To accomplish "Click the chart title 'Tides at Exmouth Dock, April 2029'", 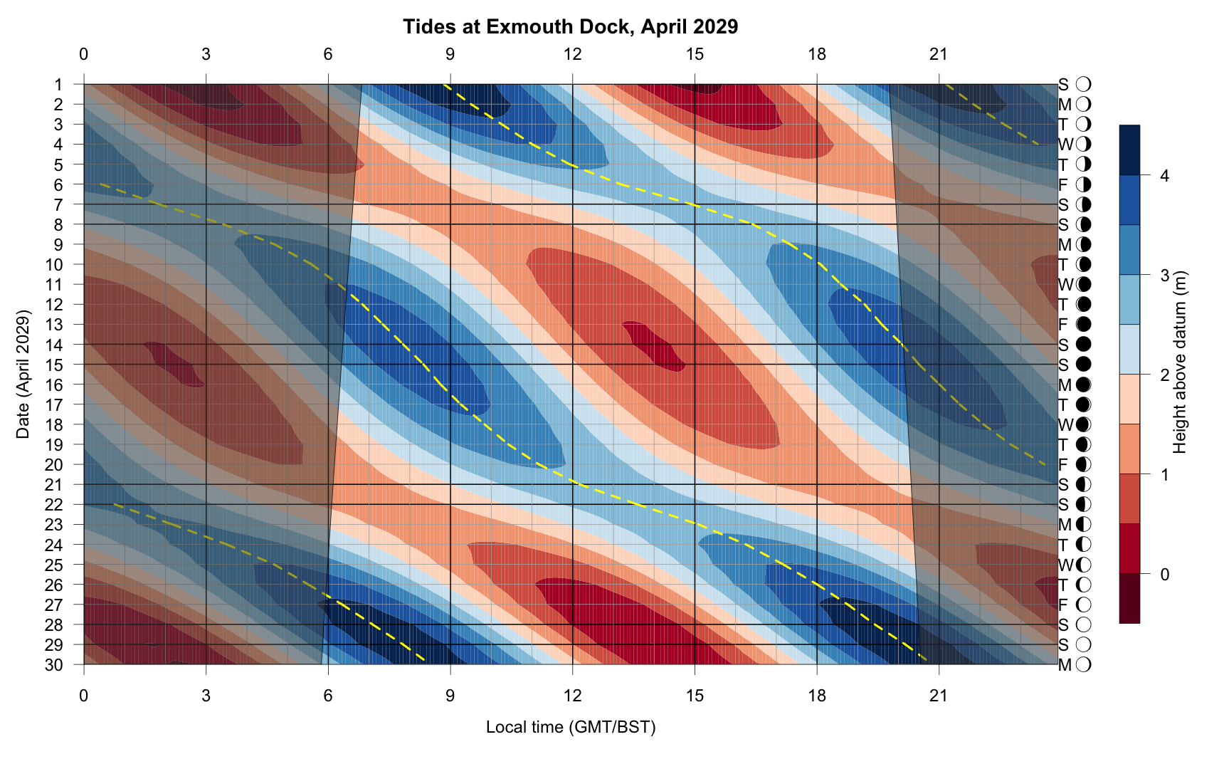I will (x=570, y=27).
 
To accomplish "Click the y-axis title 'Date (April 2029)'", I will (x=23, y=374).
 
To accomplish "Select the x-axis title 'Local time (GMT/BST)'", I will (x=570, y=727).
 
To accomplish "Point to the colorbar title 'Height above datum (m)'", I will (x=1181, y=362).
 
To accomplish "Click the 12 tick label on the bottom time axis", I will (x=572, y=695).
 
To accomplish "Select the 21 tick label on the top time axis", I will (x=939, y=54).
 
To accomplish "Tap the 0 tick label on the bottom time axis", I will (x=84, y=695).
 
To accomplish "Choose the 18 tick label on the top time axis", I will (x=817, y=54).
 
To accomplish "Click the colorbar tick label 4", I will (x=1164, y=176).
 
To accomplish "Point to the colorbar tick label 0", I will (x=1164, y=575).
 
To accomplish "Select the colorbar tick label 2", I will (x=1164, y=375).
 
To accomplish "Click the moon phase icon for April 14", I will (x=1083, y=345).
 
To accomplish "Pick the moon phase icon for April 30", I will (x=1083, y=665).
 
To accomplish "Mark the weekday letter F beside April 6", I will (x=1063, y=185).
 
